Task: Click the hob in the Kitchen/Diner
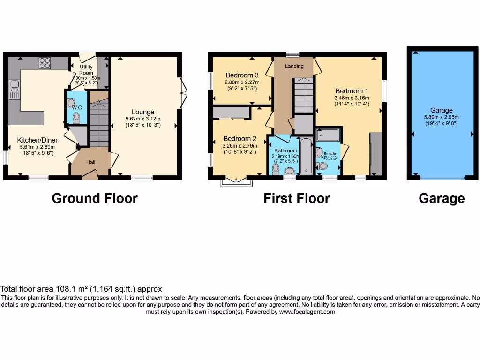45,63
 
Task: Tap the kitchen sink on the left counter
14,89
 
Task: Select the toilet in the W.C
76,117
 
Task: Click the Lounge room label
143,112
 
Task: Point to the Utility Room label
86,70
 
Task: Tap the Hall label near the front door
91,162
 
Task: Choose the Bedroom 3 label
242,75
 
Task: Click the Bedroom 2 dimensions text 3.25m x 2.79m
240,146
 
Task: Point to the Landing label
294,66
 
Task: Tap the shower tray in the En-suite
328,135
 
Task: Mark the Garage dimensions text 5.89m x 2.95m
441,117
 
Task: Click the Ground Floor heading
95,198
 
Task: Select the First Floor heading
297,198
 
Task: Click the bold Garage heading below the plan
442,198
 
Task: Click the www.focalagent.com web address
307,312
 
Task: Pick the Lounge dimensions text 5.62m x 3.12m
143,119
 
